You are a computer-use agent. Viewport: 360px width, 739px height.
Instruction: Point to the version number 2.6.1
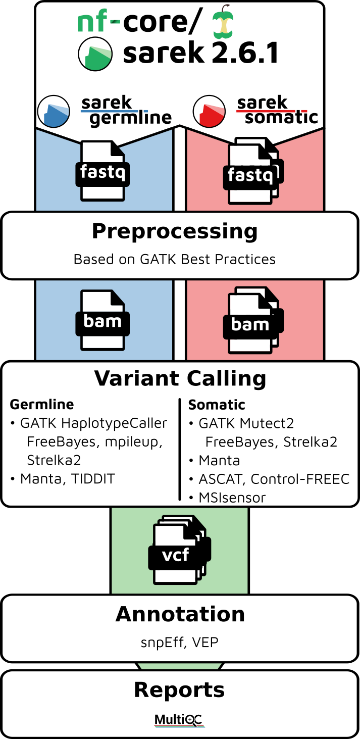click(x=245, y=53)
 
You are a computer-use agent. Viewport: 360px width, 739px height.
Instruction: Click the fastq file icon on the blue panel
click(x=102, y=170)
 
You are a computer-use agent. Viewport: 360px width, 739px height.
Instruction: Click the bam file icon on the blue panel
click(x=102, y=320)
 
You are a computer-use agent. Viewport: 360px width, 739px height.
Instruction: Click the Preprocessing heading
click(x=175, y=231)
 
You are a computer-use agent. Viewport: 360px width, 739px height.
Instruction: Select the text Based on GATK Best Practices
click(x=175, y=260)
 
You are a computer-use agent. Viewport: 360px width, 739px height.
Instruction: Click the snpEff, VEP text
click(x=179, y=643)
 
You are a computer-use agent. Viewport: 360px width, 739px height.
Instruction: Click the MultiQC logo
click(x=179, y=720)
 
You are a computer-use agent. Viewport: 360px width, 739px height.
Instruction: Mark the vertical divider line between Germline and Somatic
click(x=179, y=449)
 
